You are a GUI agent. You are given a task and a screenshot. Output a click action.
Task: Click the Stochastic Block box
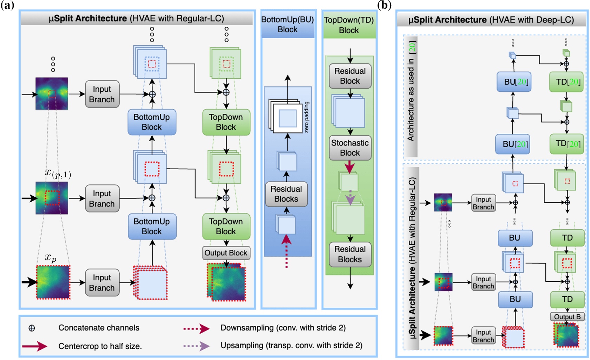point(350,148)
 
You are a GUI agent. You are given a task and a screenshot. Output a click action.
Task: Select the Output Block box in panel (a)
point(226,253)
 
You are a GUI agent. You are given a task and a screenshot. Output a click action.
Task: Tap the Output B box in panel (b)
point(567,316)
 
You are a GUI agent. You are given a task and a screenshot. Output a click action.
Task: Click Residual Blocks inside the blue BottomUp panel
point(286,194)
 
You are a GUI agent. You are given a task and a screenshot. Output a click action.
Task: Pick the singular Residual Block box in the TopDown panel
point(350,76)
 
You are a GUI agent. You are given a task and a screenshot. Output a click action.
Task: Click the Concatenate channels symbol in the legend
point(32,328)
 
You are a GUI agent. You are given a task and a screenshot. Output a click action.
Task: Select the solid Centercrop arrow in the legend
point(34,346)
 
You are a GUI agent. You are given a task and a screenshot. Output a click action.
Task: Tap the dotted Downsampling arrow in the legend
point(196,328)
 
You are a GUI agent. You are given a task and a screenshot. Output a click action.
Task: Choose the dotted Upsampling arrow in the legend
point(196,346)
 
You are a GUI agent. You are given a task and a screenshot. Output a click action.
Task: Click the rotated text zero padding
point(307,117)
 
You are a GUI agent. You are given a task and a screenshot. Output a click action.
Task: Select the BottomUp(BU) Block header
point(287,25)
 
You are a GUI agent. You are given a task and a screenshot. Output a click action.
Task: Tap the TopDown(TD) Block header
point(349,25)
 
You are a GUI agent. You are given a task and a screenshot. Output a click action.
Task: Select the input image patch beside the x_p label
point(53,282)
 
